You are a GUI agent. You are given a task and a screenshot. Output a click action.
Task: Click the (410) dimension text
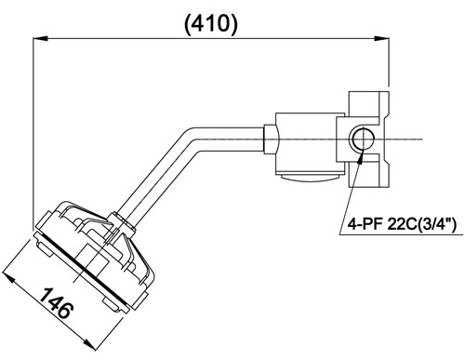coord(211,23)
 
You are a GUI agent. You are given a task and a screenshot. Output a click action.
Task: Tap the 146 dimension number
coord(57,303)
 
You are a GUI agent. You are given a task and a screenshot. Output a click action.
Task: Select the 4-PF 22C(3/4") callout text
coord(403,223)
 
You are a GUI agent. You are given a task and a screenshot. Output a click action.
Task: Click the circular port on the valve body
coord(362,139)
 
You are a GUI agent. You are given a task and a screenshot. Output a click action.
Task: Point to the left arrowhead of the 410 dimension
coord(40,38)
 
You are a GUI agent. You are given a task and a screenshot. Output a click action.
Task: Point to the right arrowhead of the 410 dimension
coord(382,38)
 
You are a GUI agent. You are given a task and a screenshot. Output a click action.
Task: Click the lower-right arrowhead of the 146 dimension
coord(87,343)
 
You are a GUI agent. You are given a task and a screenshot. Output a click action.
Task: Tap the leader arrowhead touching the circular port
coord(361,156)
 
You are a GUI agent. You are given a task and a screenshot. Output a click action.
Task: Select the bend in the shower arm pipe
coord(193,139)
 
